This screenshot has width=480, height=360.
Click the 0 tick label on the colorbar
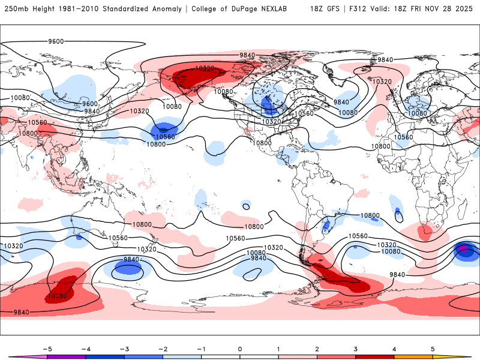pos(240,349)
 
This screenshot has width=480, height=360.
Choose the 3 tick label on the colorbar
pos(355,349)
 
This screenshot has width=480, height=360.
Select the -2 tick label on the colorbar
pos(163,349)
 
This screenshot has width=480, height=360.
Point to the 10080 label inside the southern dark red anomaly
pos(58,295)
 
